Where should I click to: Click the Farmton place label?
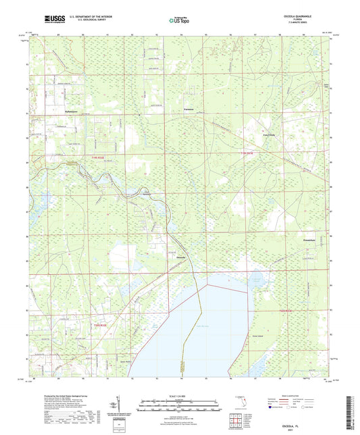[189, 109]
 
